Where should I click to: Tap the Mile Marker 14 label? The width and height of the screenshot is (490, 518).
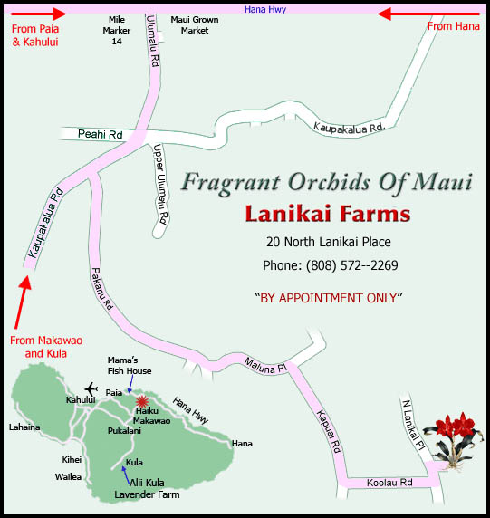pyautogui.click(x=115, y=30)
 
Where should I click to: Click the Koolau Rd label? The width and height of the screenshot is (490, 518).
pyautogui.click(x=389, y=483)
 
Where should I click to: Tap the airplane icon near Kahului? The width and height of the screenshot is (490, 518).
pyautogui.click(x=90, y=388)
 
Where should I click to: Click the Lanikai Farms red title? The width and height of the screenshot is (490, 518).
pyautogui.click(x=327, y=215)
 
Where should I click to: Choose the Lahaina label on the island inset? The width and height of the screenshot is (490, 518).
pyautogui.click(x=24, y=427)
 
